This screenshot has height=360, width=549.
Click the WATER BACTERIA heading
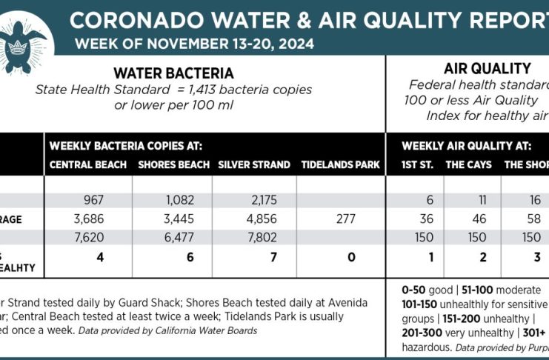pos(173,73)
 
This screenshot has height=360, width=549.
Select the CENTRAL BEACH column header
pos(88,164)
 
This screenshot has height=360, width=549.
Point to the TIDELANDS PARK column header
pos(341,164)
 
